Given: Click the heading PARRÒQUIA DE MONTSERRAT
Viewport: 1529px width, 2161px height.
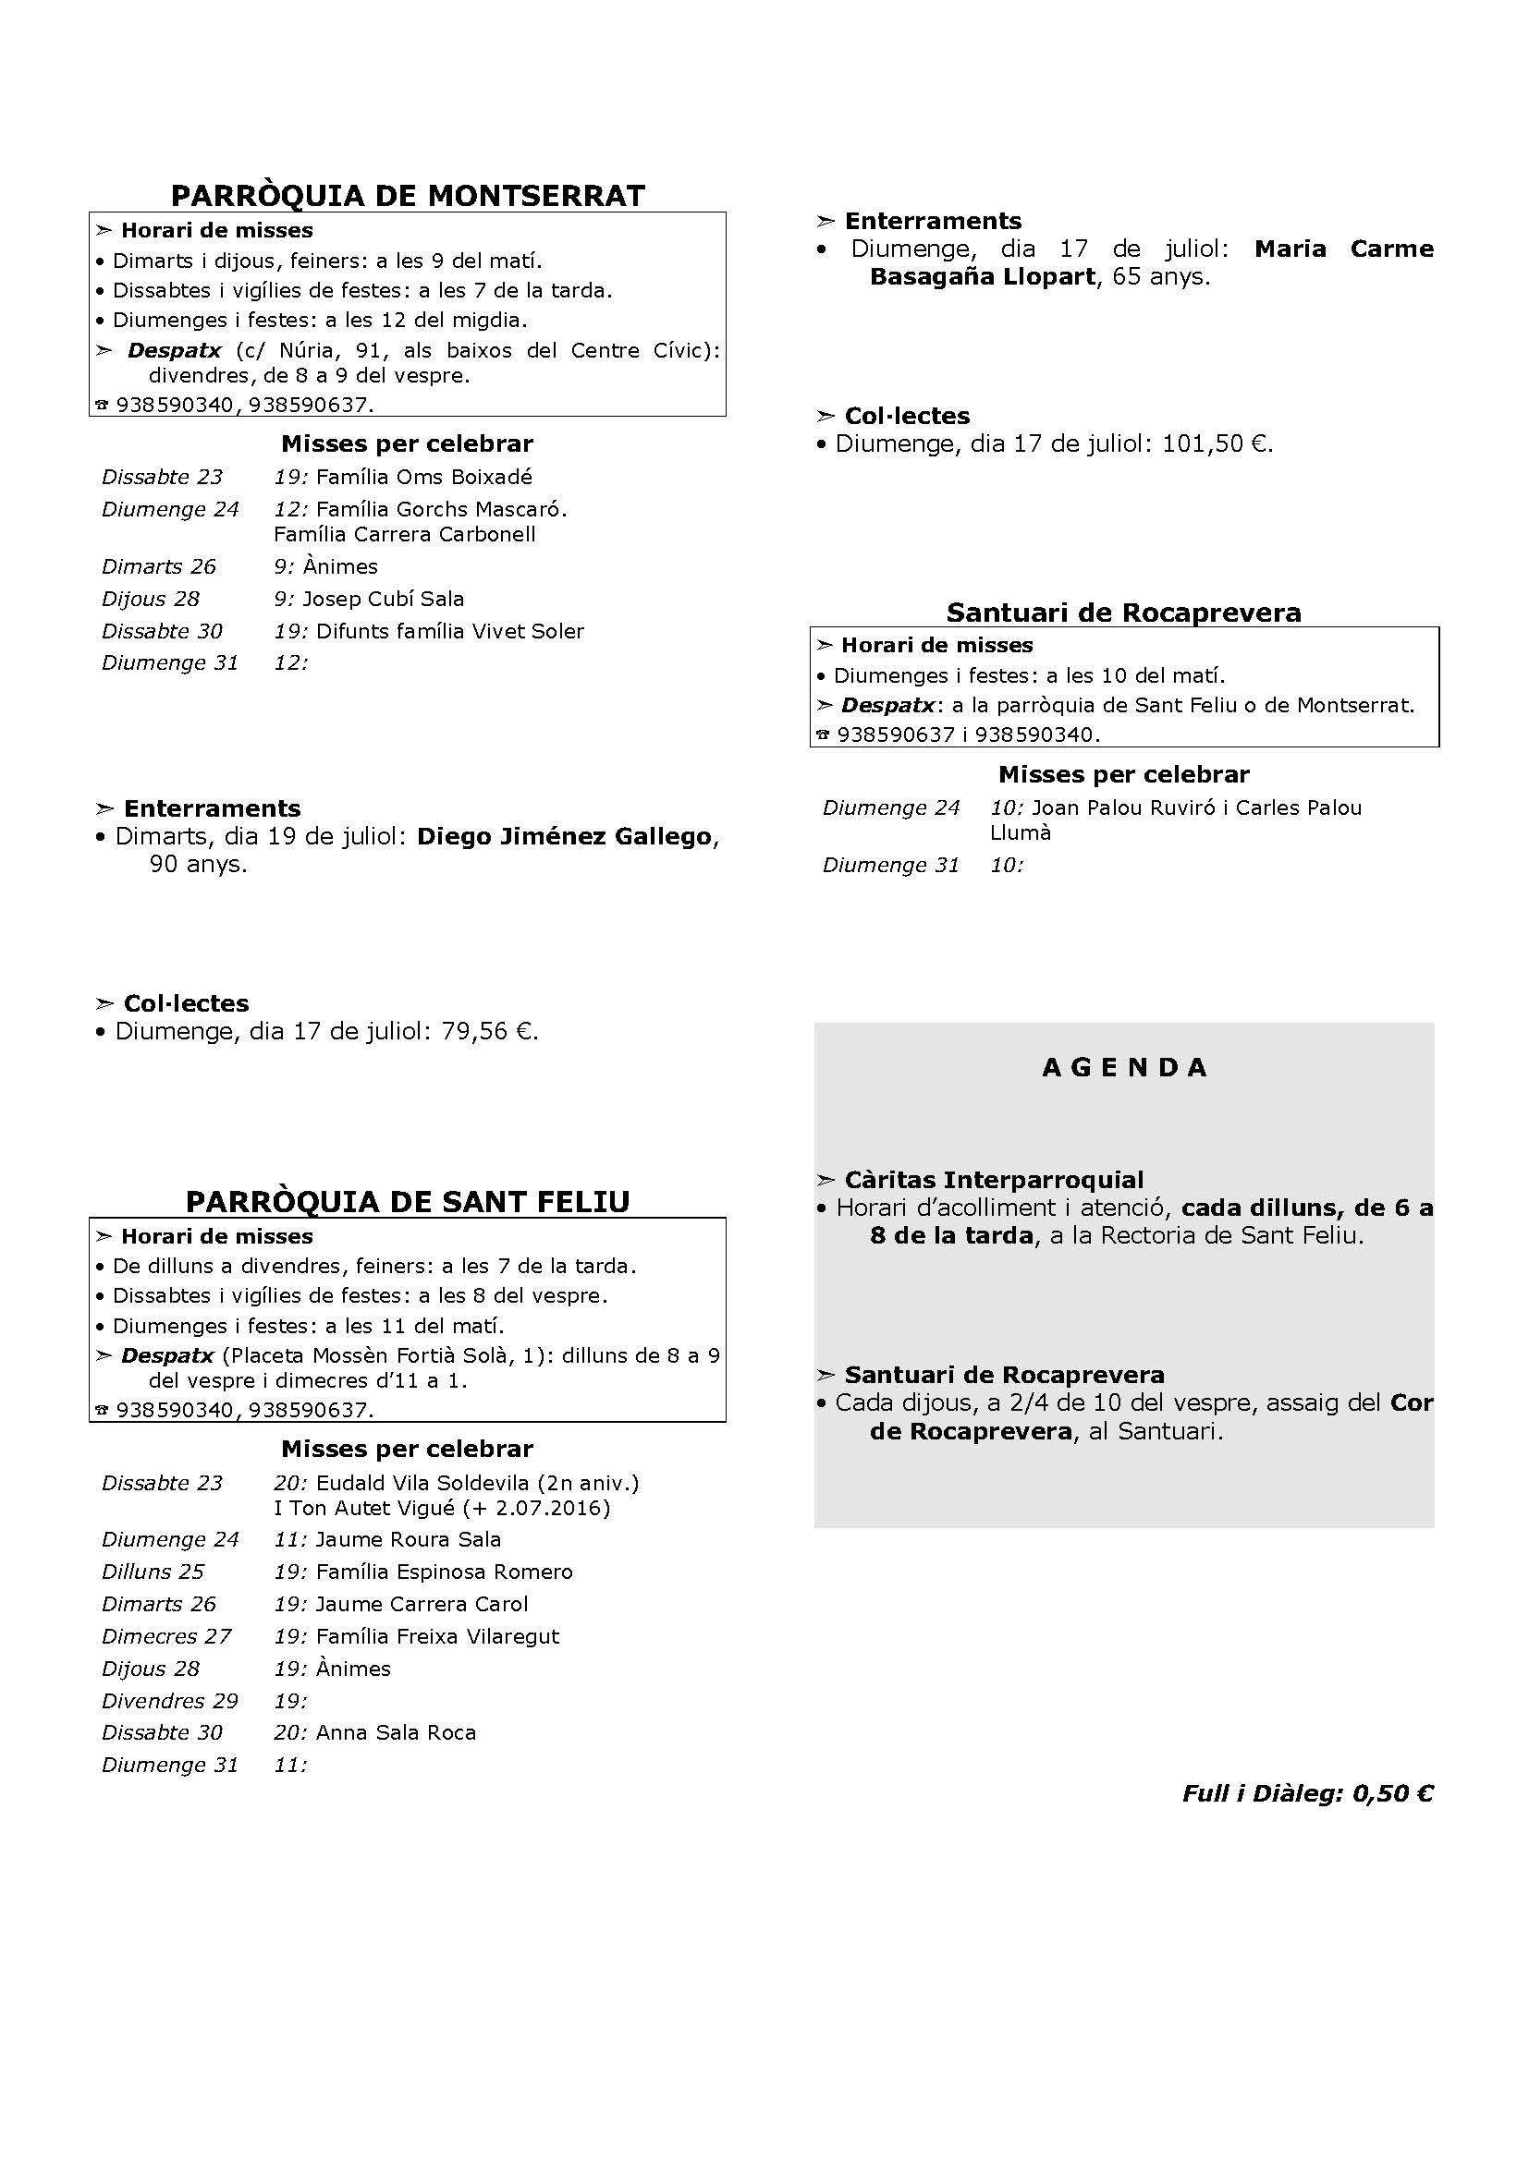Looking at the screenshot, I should (x=408, y=195).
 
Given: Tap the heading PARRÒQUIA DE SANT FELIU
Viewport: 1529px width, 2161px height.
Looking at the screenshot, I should (x=408, y=1201).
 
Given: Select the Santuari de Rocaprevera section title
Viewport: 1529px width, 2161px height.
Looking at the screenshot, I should (x=1123, y=612).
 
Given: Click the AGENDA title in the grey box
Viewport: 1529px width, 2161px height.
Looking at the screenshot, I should (x=1124, y=1067).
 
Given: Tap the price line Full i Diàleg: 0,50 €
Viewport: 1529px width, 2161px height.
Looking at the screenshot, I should (x=1307, y=1793).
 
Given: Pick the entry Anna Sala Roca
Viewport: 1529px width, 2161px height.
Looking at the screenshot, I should (x=396, y=1731).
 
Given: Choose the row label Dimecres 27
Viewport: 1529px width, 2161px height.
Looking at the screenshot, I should (x=166, y=1636).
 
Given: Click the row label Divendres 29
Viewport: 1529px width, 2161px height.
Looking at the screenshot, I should (x=170, y=1700).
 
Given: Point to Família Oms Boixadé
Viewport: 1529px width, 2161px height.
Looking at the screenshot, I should (x=423, y=476).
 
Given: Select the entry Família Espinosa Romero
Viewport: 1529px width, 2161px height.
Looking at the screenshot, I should (x=445, y=1571).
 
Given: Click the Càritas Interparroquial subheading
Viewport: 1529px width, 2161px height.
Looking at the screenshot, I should (x=993, y=1179).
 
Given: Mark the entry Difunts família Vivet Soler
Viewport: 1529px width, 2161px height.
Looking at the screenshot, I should (x=450, y=631).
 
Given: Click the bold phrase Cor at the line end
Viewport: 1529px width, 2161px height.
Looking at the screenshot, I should (x=1412, y=1402).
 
